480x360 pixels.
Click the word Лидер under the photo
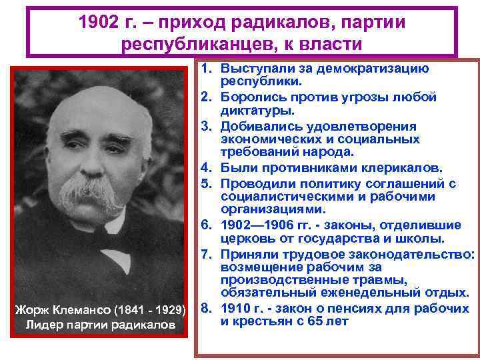(41, 325)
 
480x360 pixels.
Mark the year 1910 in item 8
(236, 308)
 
